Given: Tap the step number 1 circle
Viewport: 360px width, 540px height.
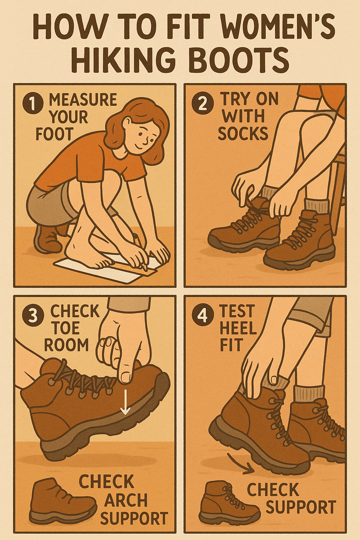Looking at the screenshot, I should pyautogui.click(x=33, y=104).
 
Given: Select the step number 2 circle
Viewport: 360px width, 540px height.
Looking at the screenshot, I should pyautogui.click(x=202, y=104).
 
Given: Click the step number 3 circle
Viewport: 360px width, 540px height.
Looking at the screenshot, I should pyautogui.click(x=33, y=315).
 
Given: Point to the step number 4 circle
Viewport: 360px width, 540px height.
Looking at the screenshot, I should pyautogui.click(x=202, y=315).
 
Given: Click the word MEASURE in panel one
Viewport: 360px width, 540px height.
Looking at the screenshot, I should pyautogui.click(x=83, y=100).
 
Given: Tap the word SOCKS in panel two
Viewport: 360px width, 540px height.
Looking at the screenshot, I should pyautogui.click(x=243, y=134).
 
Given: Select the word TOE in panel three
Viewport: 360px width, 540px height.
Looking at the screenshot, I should pyautogui.click(x=66, y=328).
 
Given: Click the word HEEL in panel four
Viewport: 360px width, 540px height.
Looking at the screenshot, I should pyautogui.click(x=238, y=328).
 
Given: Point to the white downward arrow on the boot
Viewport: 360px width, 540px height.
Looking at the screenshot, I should pyautogui.click(x=125, y=407).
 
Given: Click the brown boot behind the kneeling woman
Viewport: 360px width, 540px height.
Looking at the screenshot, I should pyautogui.click(x=47, y=239).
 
